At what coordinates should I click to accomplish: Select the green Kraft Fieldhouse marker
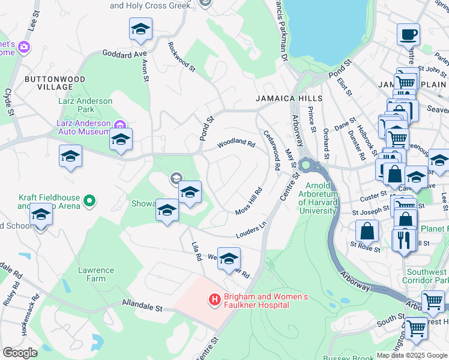click(x=89, y=200)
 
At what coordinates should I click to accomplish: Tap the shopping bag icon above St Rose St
click(x=367, y=231)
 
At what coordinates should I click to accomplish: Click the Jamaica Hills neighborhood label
click(x=289, y=98)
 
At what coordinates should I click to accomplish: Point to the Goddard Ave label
click(x=125, y=54)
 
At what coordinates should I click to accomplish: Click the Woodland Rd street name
click(x=236, y=144)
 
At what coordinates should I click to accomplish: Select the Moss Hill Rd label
click(x=249, y=202)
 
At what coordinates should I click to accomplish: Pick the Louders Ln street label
click(x=251, y=230)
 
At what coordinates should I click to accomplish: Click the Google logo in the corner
click(x=20, y=353)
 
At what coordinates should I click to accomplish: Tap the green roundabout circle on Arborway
click(x=306, y=164)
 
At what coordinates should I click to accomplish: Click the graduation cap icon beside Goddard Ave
click(x=140, y=28)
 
